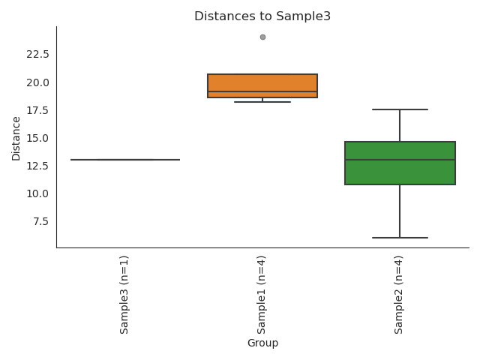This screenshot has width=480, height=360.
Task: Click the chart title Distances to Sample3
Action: [262, 16]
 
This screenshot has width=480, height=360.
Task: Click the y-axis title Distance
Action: [16, 138]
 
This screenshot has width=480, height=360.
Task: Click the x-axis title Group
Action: [262, 343]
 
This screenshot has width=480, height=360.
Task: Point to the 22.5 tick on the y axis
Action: [37, 54]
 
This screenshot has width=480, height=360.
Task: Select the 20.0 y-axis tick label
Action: [37, 82]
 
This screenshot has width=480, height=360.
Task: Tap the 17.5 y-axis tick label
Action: [37, 110]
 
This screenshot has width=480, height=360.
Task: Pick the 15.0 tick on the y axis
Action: [37, 138]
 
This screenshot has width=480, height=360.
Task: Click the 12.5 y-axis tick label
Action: [37, 166]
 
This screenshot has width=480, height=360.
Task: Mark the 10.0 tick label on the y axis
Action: [37, 193]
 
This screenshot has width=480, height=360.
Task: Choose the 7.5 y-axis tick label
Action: [40, 221]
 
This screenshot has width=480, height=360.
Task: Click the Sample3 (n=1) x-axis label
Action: [124, 294]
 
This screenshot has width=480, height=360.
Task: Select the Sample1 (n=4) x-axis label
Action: [262, 294]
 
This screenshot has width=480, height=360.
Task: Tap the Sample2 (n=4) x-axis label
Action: [400, 294]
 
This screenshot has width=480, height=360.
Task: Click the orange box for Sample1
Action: [262, 85]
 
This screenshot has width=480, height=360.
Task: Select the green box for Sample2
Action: [400, 163]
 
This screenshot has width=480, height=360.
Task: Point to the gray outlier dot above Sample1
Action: [262, 37]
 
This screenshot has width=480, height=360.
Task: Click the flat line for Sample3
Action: [124, 160]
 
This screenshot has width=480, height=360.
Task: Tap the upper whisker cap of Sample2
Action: [400, 109]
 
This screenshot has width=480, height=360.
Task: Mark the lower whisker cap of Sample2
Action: [400, 238]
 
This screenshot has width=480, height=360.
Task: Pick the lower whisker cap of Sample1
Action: [262, 102]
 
